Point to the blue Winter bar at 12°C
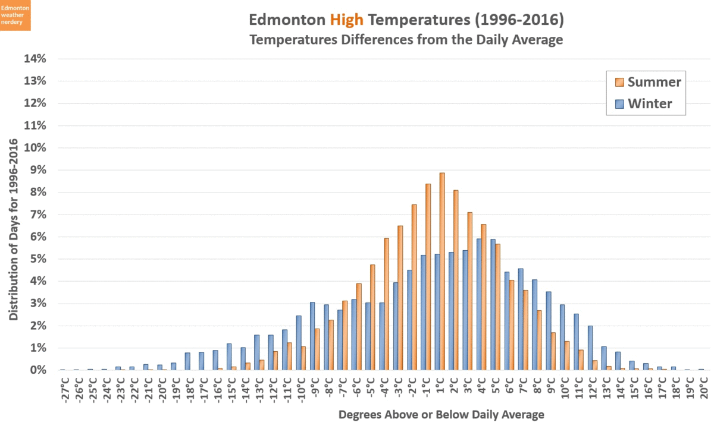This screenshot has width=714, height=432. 590,348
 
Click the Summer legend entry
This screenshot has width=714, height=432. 646,81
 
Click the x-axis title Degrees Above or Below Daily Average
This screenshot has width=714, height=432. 441,414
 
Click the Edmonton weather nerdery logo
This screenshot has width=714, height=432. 16,15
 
